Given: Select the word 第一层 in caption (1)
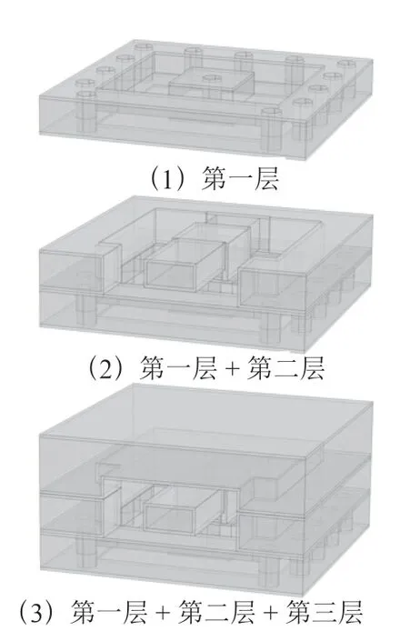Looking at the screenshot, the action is (x=240, y=178).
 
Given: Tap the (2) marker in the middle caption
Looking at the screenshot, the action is (x=107, y=367).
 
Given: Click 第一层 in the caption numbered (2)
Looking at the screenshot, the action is (x=178, y=367).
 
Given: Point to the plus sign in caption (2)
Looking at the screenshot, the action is (x=232, y=368).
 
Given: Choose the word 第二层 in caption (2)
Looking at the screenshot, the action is (x=285, y=367).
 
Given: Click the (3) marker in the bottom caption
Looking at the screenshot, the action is (x=36, y=612).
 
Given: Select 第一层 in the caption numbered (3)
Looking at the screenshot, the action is (x=108, y=612).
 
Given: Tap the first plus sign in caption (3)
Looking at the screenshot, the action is (x=163, y=613).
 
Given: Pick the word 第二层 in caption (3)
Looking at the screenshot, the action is (x=216, y=612).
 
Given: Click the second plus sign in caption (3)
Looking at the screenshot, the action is (x=271, y=613).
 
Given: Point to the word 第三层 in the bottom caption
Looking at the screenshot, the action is (x=324, y=612).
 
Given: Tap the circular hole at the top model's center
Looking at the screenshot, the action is (x=212, y=78).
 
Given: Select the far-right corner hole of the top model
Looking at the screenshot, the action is (x=346, y=64).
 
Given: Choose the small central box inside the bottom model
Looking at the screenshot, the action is (x=183, y=510).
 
